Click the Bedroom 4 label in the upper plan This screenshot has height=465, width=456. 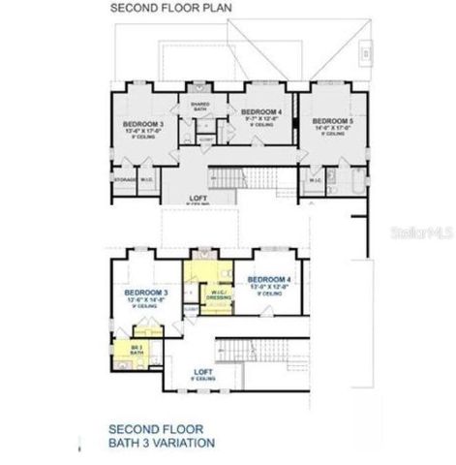tap(260, 112)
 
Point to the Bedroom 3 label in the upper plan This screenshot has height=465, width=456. tap(142, 125)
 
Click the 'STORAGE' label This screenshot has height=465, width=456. tap(123, 179)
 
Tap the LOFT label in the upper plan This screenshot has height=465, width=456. tap(198, 197)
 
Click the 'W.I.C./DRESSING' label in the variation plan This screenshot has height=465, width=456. tap(218, 294)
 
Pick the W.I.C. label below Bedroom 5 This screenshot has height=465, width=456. tap(317, 180)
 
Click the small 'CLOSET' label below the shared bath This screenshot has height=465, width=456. tap(205, 139)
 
